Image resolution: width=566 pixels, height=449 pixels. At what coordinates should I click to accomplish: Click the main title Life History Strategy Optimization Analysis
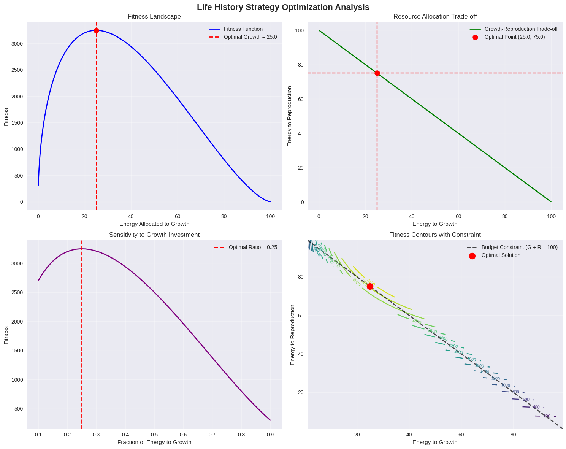283,7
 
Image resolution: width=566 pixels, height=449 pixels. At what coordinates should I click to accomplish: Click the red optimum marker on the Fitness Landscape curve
96,30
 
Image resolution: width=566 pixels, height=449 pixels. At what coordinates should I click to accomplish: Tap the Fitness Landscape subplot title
154,17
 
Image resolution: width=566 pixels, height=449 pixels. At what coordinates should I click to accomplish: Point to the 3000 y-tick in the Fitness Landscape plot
17,44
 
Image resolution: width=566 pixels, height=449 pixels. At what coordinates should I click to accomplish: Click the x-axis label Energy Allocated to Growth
154,224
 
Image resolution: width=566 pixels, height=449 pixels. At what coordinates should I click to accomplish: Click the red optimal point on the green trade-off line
377,73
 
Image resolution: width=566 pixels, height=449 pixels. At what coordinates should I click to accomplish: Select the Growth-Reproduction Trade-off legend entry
521,29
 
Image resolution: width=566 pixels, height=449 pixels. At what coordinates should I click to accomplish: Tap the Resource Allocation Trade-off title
435,17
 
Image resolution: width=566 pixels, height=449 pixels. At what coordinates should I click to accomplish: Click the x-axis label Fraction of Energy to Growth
154,442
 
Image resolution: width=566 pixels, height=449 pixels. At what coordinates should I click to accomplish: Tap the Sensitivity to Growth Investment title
154,235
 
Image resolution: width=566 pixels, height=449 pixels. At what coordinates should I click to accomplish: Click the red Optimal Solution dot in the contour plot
370,286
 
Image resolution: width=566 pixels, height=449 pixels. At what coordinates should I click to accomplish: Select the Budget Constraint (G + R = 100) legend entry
519,247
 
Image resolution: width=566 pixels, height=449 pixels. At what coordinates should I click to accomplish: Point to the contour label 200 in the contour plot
547,416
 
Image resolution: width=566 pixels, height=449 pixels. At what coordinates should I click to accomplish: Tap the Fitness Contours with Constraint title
435,235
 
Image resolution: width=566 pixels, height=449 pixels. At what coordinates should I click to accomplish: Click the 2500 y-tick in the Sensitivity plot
17,293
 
